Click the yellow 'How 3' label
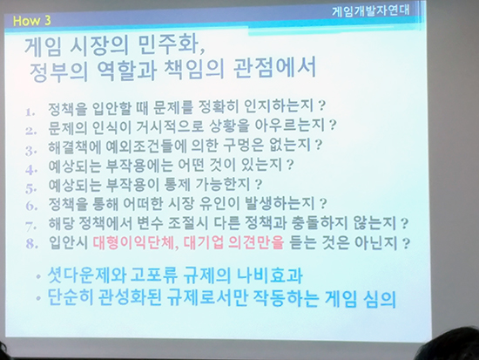(x=31, y=21)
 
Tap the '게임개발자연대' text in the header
(x=370, y=10)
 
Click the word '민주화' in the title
(x=172, y=45)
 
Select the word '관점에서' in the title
(x=274, y=68)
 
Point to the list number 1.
(x=30, y=112)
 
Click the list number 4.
(x=30, y=169)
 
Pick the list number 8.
(x=31, y=244)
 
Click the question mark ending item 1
(x=321, y=105)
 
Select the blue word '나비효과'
(x=270, y=275)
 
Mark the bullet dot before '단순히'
(x=38, y=297)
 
